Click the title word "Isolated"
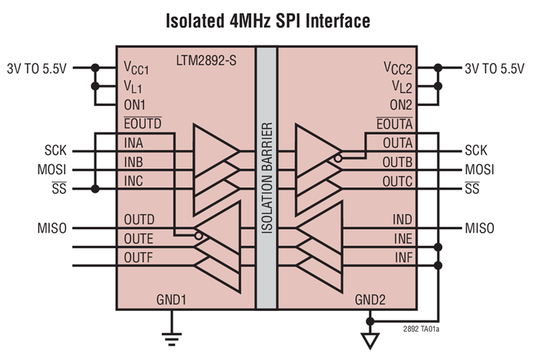point(195,21)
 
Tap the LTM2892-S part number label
point(207,60)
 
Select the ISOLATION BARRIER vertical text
point(267,178)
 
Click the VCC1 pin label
point(136,68)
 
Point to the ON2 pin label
point(400,104)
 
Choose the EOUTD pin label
point(143,123)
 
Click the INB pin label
point(133,161)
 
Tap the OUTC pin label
point(397,181)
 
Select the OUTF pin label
point(138,257)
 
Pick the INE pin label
point(403,238)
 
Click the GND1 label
point(171,300)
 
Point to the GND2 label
point(370,300)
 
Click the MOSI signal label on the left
point(52,169)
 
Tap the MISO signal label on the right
point(480,228)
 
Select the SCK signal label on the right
point(476,150)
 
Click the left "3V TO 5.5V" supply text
point(37,69)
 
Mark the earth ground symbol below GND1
point(171,339)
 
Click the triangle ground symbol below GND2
point(370,341)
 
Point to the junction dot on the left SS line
point(95,189)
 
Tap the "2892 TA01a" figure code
point(421,329)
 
